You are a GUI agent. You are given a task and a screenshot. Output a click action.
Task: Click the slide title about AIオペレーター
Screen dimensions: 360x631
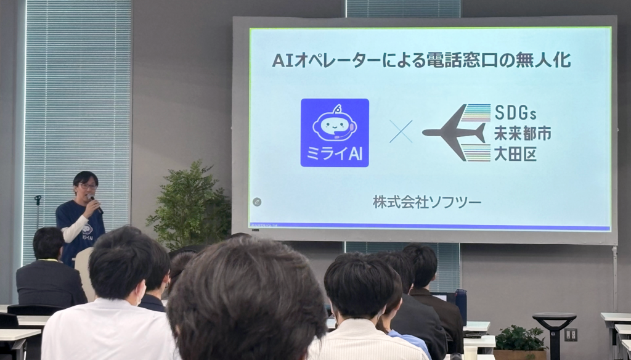coord(421,60)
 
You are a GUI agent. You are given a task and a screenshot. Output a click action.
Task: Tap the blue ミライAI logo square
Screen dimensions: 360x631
coord(335,133)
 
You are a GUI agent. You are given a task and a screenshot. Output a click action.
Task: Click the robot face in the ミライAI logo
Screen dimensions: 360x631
coord(335,125)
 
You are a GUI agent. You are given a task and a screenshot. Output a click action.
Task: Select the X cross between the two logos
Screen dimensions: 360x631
coord(401,131)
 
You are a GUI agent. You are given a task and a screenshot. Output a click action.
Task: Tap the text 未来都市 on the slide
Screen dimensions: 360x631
coord(522,133)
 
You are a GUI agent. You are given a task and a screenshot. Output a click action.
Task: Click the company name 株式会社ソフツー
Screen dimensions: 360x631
coord(426,202)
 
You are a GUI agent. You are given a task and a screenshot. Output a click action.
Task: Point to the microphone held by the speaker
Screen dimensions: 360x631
coord(93,200)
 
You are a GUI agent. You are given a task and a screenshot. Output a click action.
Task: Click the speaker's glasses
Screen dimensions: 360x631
coord(87,186)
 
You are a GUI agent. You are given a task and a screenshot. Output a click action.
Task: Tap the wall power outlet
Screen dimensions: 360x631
coord(571,334)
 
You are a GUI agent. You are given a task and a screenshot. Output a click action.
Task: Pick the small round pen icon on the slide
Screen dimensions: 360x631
coord(257,202)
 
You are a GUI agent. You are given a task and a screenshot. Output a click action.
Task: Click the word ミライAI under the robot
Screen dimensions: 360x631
coord(335,155)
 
